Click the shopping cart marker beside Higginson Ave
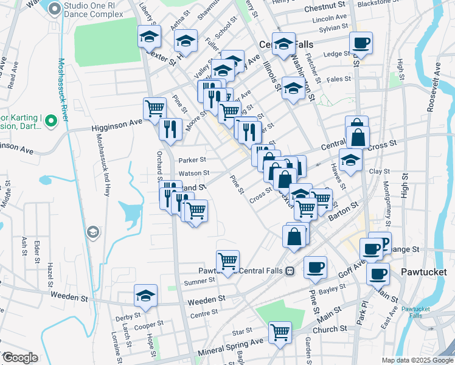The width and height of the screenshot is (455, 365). click(155, 108)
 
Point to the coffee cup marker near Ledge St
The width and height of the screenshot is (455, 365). click(361, 43)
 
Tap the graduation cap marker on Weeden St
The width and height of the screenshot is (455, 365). click(145, 296)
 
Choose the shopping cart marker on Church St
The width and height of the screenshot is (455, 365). click(280, 332)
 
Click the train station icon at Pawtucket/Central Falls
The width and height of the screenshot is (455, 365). click(291, 271)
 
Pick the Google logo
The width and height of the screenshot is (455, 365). click(19, 358)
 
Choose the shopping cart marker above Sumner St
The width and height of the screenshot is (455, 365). click(227, 260)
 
